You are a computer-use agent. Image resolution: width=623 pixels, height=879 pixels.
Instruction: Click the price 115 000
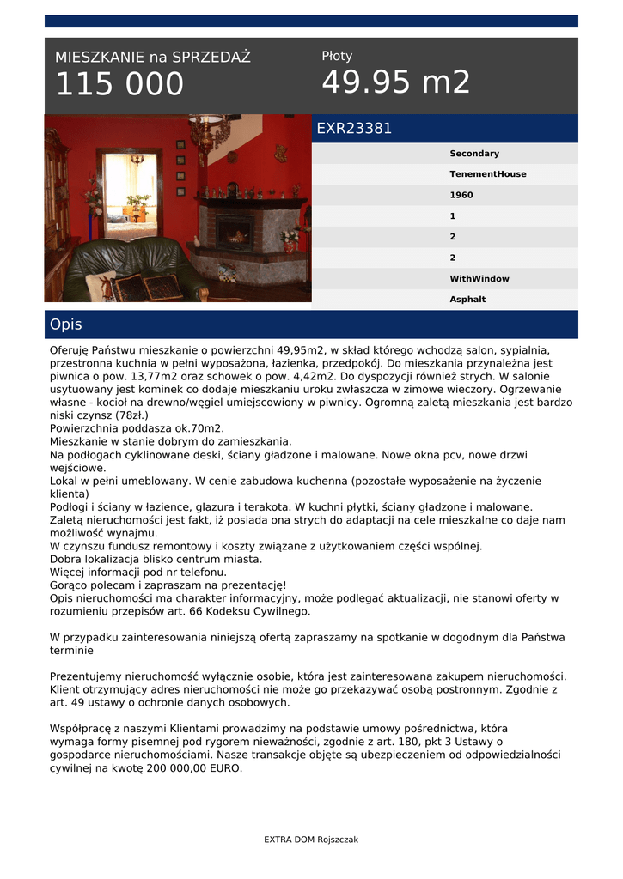(x=119, y=85)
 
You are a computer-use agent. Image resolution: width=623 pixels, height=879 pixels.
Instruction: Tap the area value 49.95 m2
(x=396, y=82)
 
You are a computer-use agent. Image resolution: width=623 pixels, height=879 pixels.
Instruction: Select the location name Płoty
(x=337, y=56)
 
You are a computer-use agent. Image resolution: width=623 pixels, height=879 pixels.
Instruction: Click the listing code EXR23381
(x=354, y=129)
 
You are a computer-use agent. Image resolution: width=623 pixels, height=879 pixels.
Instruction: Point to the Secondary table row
(x=474, y=154)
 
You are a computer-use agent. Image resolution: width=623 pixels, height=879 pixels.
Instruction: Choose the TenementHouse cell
(x=488, y=174)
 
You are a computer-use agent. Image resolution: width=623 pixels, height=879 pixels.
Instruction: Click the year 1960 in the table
(x=461, y=195)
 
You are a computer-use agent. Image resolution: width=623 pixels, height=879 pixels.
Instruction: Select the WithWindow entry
(x=479, y=279)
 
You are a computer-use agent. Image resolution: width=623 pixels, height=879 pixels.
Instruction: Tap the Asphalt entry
(x=467, y=300)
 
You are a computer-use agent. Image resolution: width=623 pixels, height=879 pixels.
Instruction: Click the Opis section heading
(x=66, y=324)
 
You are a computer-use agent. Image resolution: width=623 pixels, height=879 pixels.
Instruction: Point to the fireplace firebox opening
(x=235, y=233)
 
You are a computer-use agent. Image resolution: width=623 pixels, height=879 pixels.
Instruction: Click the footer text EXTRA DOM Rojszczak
(x=311, y=840)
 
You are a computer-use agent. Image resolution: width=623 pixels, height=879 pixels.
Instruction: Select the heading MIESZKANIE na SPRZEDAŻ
(x=153, y=58)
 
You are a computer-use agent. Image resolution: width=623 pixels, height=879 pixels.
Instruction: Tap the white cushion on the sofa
(x=101, y=285)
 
